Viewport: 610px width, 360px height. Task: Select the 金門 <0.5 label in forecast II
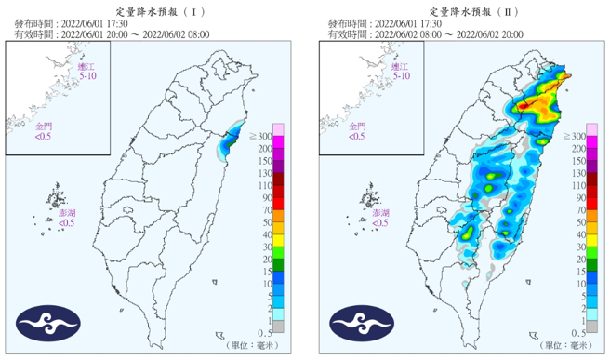click(x=355, y=130)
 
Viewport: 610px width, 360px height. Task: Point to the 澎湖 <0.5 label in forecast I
click(x=67, y=219)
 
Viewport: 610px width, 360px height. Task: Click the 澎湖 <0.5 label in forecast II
click(x=378, y=219)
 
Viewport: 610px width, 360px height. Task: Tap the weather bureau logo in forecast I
click(x=46, y=323)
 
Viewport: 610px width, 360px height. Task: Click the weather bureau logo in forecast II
click(x=358, y=323)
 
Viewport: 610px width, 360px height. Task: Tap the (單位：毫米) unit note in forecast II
click(x=566, y=345)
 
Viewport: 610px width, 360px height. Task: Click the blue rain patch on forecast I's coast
click(x=229, y=140)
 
